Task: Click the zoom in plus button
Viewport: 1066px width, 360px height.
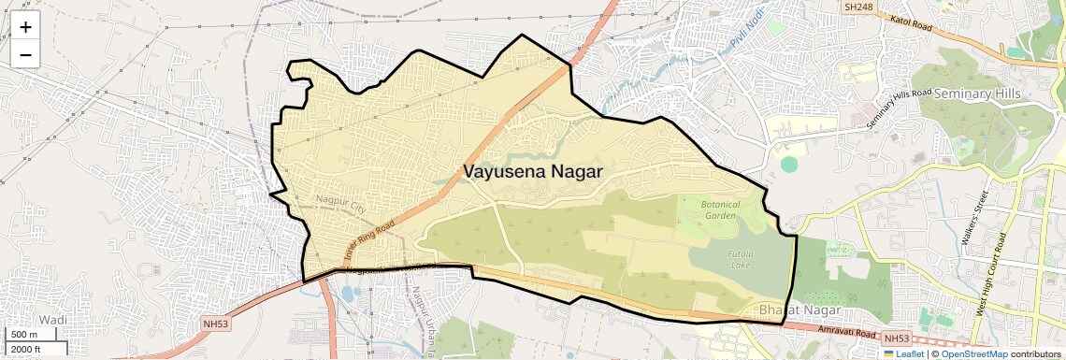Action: click(x=25, y=27)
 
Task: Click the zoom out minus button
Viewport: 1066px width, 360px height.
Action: click(x=25, y=55)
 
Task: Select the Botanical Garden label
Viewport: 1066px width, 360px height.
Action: click(x=721, y=209)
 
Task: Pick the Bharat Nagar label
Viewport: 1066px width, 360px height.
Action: click(x=799, y=309)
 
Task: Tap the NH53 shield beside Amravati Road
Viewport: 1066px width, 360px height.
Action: click(x=895, y=337)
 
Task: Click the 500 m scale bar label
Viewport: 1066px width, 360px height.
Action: click(x=25, y=335)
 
